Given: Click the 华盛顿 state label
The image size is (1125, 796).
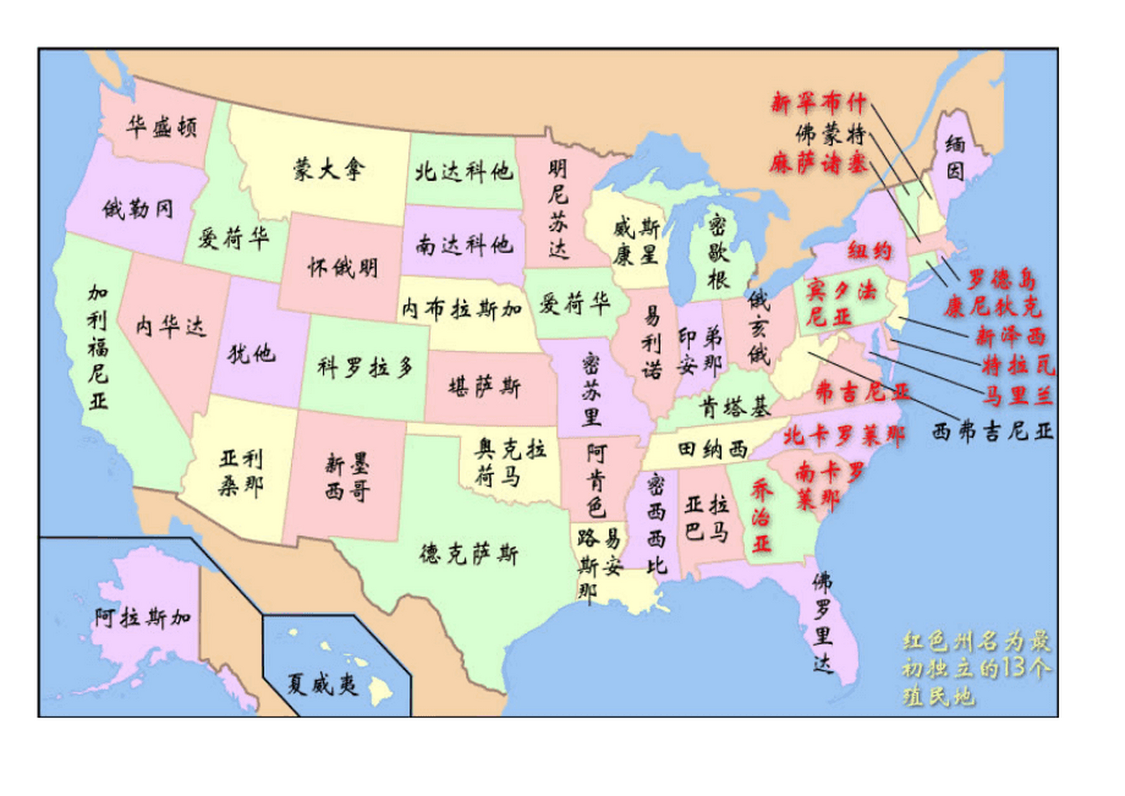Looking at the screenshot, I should pos(162,127).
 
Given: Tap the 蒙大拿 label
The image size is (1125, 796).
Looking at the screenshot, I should pos(329,169).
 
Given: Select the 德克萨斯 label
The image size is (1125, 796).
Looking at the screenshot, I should pos(469,553).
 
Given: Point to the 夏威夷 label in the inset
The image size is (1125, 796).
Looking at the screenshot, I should pos(323,685).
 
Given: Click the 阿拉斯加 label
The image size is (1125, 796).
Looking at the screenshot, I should pos(143,618).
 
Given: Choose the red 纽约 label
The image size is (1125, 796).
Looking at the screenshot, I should pos(869,251).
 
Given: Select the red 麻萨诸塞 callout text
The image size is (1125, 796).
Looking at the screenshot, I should pos(817,164).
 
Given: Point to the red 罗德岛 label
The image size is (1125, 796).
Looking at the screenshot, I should pos(1001,280).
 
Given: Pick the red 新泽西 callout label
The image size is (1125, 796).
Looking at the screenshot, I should pos(1010,336).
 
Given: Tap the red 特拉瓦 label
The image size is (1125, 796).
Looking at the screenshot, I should pos(1018,366).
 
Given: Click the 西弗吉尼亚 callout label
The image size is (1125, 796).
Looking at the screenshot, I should pos(992,431).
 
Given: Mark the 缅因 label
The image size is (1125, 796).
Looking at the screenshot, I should pos(955,157).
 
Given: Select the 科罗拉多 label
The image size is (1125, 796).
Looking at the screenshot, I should pos(366,367).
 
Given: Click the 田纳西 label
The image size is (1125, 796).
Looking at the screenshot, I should pos(712,449).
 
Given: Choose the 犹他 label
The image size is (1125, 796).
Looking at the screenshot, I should pos(251,354).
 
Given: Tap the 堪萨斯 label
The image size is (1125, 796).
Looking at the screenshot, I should pos(484,387).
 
